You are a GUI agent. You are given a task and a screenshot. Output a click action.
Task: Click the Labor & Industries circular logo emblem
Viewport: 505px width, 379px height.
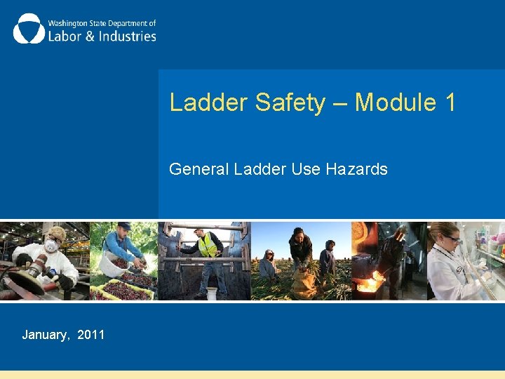tap(28, 29)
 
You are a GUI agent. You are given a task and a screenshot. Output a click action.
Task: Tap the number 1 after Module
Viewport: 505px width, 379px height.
tap(450, 102)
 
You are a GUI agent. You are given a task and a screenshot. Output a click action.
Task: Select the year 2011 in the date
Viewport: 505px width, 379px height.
tap(91, 335)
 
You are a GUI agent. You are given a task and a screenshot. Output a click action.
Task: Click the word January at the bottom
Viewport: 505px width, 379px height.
tap(46, 335)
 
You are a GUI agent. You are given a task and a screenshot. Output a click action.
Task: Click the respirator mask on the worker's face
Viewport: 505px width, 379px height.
tap(50, 246)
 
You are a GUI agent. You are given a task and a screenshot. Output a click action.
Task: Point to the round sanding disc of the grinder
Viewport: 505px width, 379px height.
tap(20, 284)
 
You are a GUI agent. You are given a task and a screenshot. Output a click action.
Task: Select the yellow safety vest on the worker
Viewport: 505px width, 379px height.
tap(208, 245)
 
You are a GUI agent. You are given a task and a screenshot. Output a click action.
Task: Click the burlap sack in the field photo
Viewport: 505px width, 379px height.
tap(304, 284)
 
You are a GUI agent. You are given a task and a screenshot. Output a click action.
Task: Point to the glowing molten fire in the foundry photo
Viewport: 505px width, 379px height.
tap(368, 285)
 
